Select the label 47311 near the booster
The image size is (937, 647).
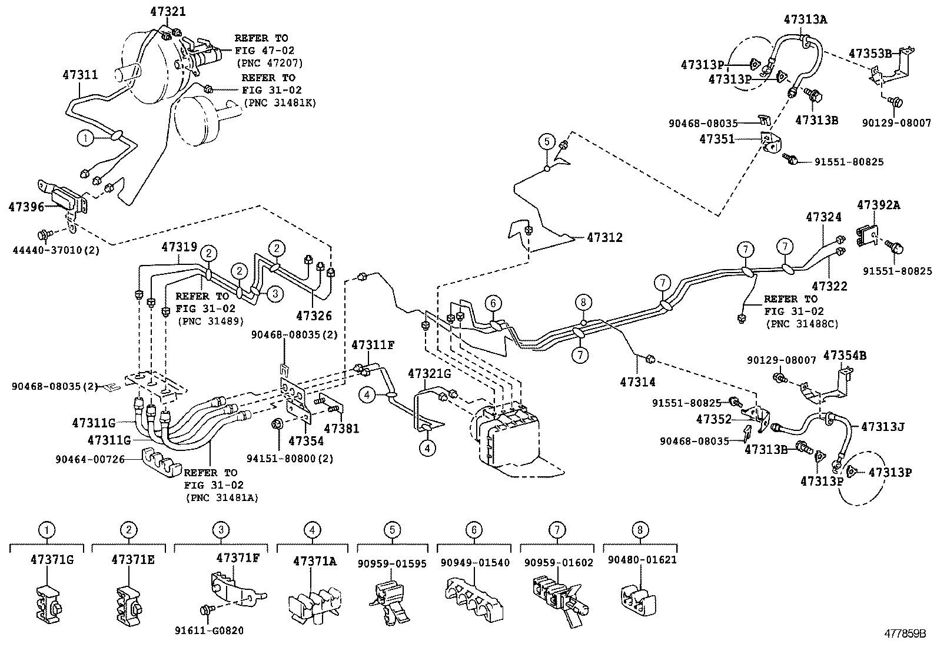click(x=80, y=75)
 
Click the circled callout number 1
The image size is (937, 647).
click(x=85, y=138)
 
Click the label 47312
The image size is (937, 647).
click(x=604, y=238)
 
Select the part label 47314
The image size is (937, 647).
click(x=637, y=382)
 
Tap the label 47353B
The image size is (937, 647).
click(x=870, y=54)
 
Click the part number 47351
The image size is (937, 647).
click(x=717, y=139)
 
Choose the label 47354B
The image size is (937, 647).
click(x=845, y=356)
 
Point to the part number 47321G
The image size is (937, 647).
click(x=429, y=373)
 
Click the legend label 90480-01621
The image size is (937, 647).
click(x=640, y=560)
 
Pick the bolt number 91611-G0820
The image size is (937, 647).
click(x=209, y=631)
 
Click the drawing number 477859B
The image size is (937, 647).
click(x=903, y=635)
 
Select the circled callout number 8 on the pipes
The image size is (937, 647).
click(x=583, y=303)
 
